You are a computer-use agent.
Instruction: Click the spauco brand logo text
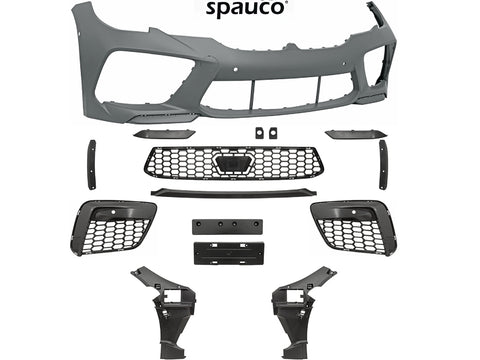(x=245, y=8)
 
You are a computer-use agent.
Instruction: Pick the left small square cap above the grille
(x=259, y=133)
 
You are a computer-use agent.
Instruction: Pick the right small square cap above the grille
(x=273, y=133)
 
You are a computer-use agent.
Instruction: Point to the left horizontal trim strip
(x=164, y=134)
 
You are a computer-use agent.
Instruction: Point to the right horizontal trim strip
(x=356, y=134)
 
